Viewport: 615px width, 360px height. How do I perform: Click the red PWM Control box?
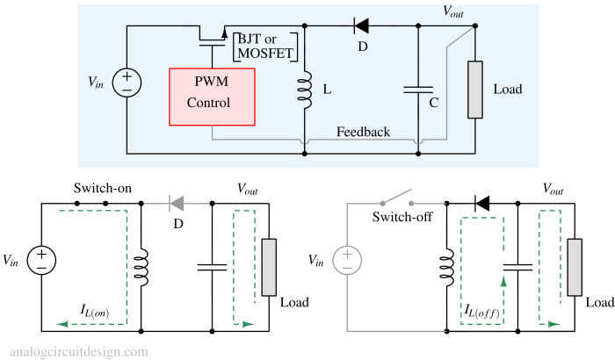click(x=213, y=97)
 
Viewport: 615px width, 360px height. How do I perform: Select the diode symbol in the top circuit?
click(x=361, y=25)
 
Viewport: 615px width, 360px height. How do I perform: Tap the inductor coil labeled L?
click(x=305, y=90)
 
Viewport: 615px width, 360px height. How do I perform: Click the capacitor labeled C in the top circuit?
click(x=418, y=90)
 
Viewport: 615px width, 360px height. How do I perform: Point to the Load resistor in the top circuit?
click(x=475, y=90)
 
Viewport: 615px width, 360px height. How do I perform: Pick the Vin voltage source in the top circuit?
click(x=127, y=83)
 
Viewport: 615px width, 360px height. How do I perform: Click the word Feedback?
click(x=363, y=132)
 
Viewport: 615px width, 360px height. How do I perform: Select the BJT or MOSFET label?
click(x=265, y=47)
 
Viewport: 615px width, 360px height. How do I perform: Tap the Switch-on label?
click(x=103, y=188)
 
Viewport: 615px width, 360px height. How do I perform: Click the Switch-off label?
click(x=402, y=217)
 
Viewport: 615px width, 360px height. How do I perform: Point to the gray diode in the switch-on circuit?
click(x=177, y=204)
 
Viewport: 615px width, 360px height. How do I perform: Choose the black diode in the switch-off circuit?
click(x=482, y=204)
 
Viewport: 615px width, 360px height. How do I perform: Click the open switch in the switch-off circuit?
click(x=397, y=198)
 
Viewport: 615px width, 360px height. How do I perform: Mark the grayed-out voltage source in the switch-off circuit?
click(x=347, y=260)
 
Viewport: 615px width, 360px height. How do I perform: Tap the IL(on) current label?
click(x=95, y=311)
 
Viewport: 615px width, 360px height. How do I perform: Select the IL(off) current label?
click(x=482, y=311)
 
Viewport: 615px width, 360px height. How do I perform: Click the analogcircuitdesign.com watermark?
click(x=79, y=352)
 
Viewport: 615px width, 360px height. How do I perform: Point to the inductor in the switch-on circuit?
click(x=141, y=268)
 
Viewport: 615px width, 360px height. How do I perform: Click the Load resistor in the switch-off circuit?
click(x=575, y=267)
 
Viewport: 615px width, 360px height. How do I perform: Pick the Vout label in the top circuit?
click(x=453, y=11)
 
